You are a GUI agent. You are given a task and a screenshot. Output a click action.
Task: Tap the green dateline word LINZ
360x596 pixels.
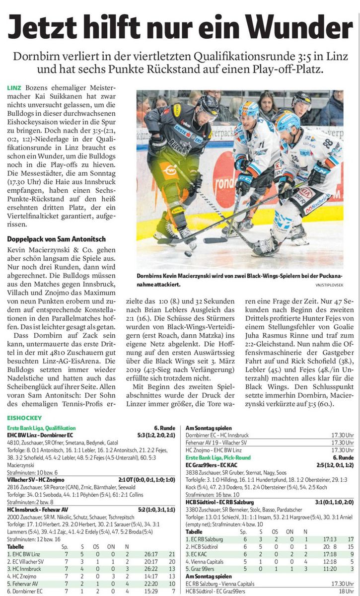14,88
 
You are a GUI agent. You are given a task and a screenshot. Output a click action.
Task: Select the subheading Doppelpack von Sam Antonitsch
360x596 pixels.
56,239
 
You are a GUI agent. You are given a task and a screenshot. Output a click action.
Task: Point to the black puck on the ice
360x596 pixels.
188,254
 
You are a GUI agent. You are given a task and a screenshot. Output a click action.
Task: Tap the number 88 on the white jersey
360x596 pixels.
327,143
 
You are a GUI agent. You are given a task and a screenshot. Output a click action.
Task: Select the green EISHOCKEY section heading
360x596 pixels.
24,419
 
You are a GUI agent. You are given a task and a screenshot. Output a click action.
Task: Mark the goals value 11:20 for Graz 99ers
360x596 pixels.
316,569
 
